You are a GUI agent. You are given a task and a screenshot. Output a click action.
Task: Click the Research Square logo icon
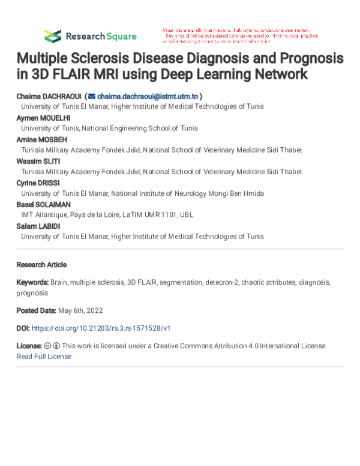click(53, 35)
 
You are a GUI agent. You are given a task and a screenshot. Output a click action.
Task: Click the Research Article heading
click(41, 264)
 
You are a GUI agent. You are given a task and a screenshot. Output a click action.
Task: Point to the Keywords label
click(32, 282)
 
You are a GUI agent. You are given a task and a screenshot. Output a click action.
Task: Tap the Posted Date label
click(36, 310)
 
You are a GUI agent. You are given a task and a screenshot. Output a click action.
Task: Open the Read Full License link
click(44, 356)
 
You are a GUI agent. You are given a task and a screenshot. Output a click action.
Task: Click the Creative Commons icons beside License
click(52, 346)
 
